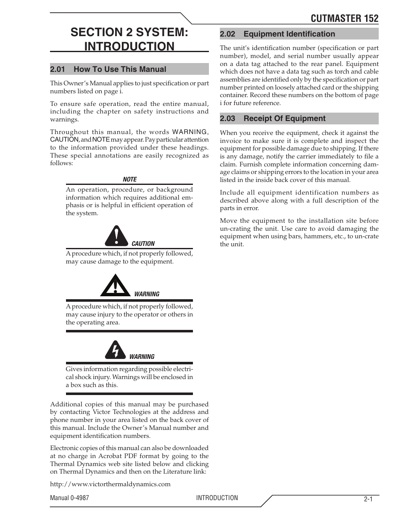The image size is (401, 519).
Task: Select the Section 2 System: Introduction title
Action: coord(129,40)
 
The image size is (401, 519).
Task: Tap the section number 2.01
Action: coord(58,69)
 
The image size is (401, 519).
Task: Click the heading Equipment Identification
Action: coord(289,34)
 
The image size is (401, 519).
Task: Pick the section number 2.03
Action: coord(227,119)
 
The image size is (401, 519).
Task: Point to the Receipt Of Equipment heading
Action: coord(285,119)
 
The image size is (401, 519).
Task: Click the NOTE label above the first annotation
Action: coord(129,179)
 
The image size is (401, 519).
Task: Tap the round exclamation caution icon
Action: coord(116,236)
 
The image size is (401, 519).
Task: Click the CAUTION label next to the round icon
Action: coord(143,244)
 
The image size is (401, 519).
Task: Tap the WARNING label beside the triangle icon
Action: coord(147,294)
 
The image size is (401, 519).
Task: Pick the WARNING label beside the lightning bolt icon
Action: coord(142,357)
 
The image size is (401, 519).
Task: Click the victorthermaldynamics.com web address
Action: coord(110,484)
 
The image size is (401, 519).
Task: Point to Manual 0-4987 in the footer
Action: coord(69,498)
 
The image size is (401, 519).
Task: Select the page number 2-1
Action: coord(368,499)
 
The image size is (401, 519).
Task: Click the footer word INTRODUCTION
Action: coord(217,498)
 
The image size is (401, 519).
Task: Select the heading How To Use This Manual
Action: coord(120,69)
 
